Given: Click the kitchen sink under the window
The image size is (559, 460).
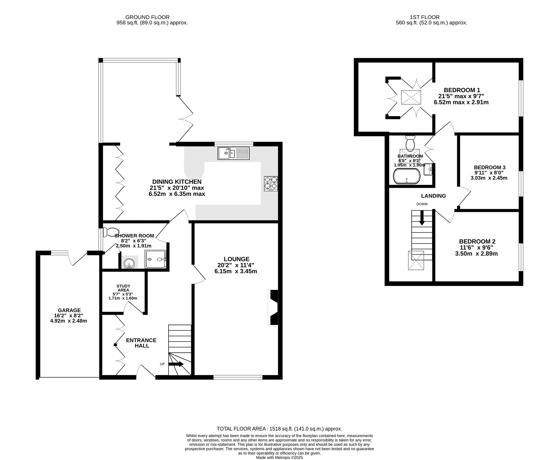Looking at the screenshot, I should [234, 153].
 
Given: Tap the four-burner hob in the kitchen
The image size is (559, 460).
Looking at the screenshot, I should [271, 183].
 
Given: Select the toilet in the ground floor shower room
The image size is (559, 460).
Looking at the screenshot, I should [110, 232].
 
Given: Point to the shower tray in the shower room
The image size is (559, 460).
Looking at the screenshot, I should [155, 259].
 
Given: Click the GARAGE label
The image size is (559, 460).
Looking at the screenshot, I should [69, 310].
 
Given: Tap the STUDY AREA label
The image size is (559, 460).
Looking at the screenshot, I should [123, 288].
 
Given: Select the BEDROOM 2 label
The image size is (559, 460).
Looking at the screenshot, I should [477, 241].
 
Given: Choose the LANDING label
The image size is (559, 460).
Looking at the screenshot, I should [434, 196].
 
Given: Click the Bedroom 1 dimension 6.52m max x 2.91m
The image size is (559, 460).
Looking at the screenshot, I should [461, 102].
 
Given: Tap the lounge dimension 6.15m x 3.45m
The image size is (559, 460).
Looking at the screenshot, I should [236, 271].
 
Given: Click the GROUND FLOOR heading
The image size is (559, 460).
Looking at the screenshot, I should [148, 17].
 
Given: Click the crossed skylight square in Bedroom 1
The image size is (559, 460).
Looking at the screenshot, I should [411, 97].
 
